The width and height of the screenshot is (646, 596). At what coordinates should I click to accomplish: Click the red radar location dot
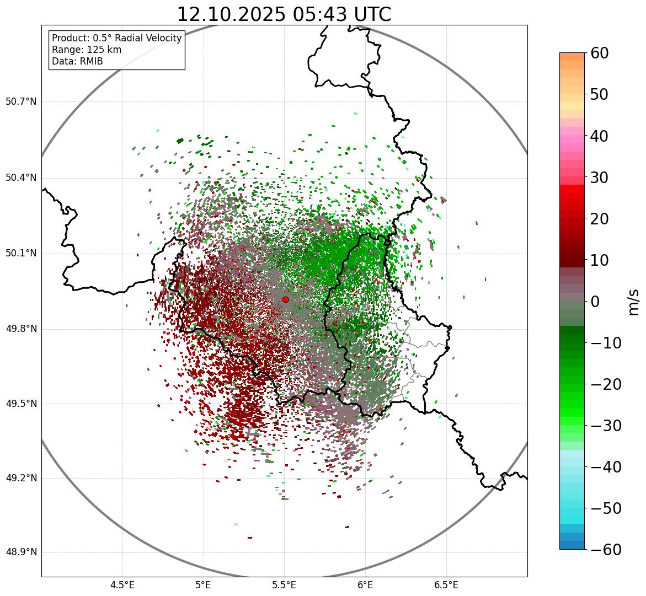tap(285, 299)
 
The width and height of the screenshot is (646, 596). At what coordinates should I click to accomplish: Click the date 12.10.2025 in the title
tap(231, 14)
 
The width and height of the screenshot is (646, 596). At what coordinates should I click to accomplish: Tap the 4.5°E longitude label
tap(122, 585)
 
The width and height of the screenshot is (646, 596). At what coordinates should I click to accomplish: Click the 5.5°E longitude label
tap(284, 585)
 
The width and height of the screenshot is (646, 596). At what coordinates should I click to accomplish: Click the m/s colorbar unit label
tap(633, 302)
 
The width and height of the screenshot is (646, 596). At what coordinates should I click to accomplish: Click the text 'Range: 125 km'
tap(87, 50)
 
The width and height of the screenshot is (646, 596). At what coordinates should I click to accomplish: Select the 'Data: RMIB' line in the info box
tap(77, 61)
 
